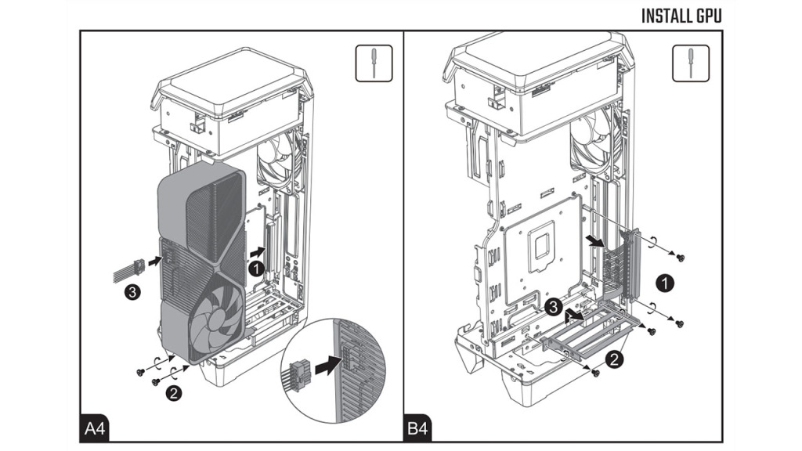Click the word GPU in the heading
coord(706,16)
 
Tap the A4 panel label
coord(95,429)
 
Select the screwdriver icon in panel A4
coord(374,63)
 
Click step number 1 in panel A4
coord(255,268)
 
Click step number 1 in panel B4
coord(664,283)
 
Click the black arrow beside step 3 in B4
coord(576,317)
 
